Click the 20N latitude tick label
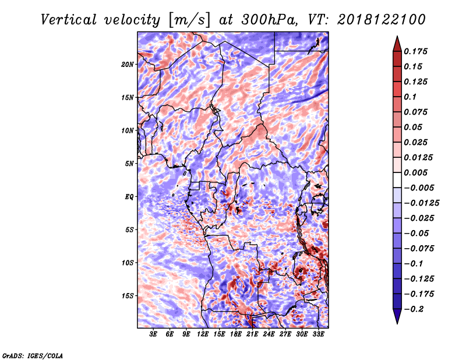point(128,65)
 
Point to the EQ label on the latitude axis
point(129,197)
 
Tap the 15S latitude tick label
point(128,296)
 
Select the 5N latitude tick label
point(129,164)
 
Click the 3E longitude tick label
point(153,334)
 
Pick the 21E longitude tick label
point(252,334)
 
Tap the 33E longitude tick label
point(318,334)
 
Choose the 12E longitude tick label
point(203,334)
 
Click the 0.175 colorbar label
point(415,52)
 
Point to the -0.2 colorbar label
point(414,309)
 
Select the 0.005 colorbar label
point(415,172)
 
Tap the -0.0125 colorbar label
point(421,203)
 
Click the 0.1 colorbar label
point(410,97)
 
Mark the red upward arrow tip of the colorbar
point(397,36)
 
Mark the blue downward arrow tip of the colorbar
point(397,323)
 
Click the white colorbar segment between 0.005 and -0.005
point(397,180)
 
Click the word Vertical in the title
point(69,20)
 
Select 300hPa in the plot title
point(269,20)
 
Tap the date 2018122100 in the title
point(382,20)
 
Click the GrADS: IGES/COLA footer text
point(33,356)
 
